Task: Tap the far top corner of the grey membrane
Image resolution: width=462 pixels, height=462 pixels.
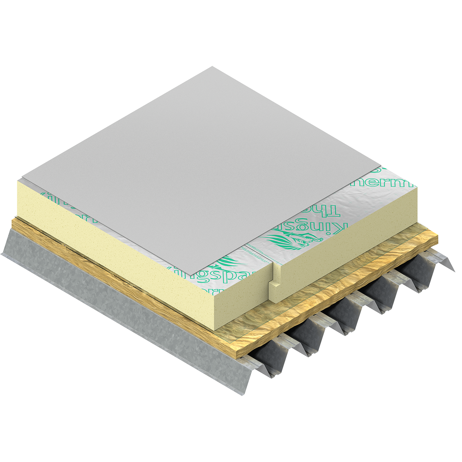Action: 212,66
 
